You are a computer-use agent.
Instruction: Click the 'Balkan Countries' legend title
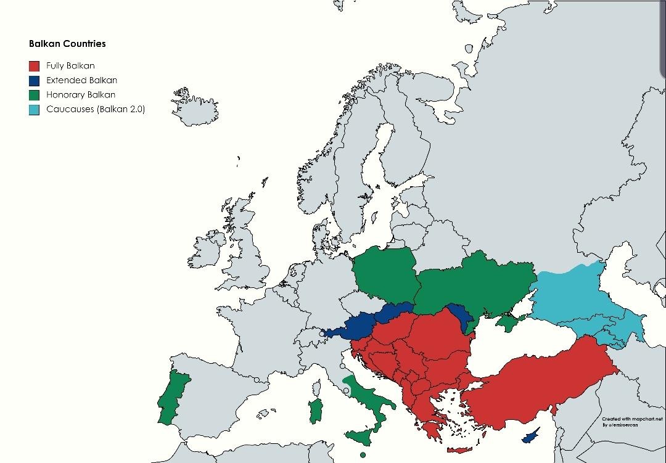point(67,44)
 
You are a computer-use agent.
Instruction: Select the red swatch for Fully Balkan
point(35,66)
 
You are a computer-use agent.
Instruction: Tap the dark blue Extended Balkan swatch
point(35,80)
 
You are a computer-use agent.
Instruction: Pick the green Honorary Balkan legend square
point(35,95)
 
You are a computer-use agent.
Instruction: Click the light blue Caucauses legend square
point(35,110)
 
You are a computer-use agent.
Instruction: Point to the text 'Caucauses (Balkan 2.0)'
point(95,110)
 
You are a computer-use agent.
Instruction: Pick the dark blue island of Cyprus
point(530,436)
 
